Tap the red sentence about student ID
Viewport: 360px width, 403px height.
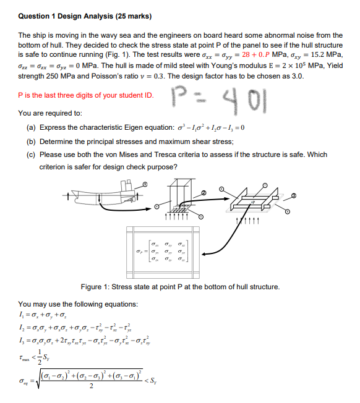pyautogui.click(x=86, y=95)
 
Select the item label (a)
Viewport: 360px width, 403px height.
pyautogui.click(x=30, y=127)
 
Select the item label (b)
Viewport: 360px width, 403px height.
pyautogui.click(x=30, y=140)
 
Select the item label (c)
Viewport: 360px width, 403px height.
pyautogui.click(x=30, y=154)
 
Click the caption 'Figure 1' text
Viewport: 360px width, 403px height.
pyautogui.click(x=180, y=287)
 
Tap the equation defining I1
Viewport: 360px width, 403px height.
pyautogui.click(x=49, y=317)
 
